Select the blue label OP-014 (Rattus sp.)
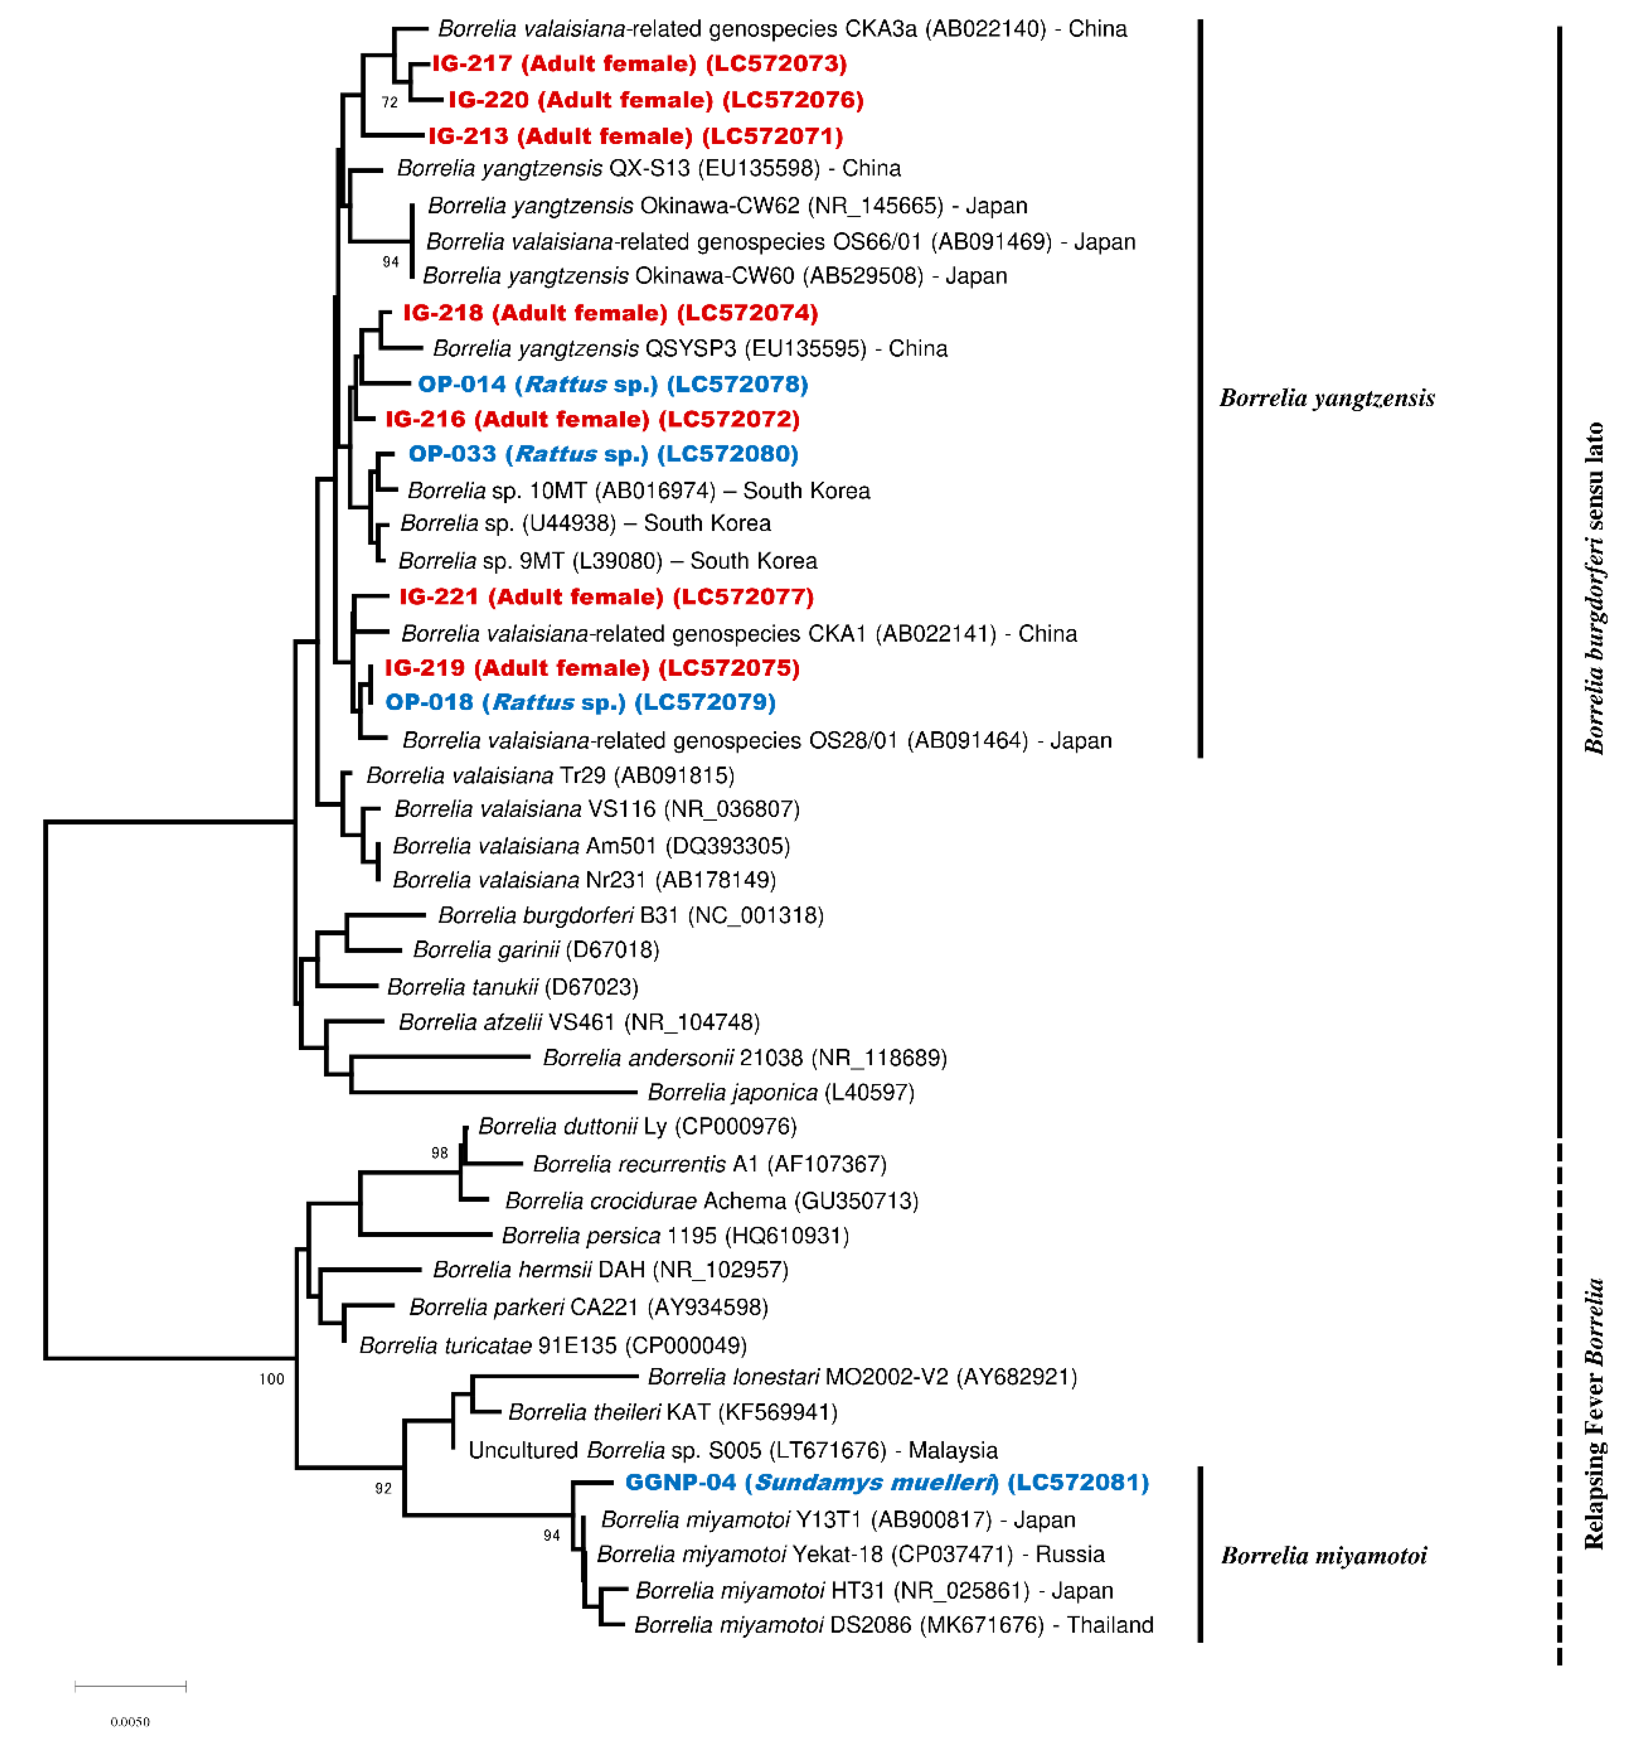pos(612,384)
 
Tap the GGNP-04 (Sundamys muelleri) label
pos(887,1482)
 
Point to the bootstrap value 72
pos(390,102)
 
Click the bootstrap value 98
pos(439,1152)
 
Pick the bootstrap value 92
pos(384,1488)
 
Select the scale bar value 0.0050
pos(130,1722)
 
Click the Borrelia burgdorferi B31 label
pos(630,916)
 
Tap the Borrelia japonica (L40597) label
pos(781,1093)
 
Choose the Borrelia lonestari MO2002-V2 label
pos(862,1377)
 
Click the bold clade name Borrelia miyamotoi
pos(1323,1556)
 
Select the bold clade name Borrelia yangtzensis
pos(1326,399)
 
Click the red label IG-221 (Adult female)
pos(606,598)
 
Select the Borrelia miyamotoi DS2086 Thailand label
pos(893,1625)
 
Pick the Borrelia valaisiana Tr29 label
pos(549,776)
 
